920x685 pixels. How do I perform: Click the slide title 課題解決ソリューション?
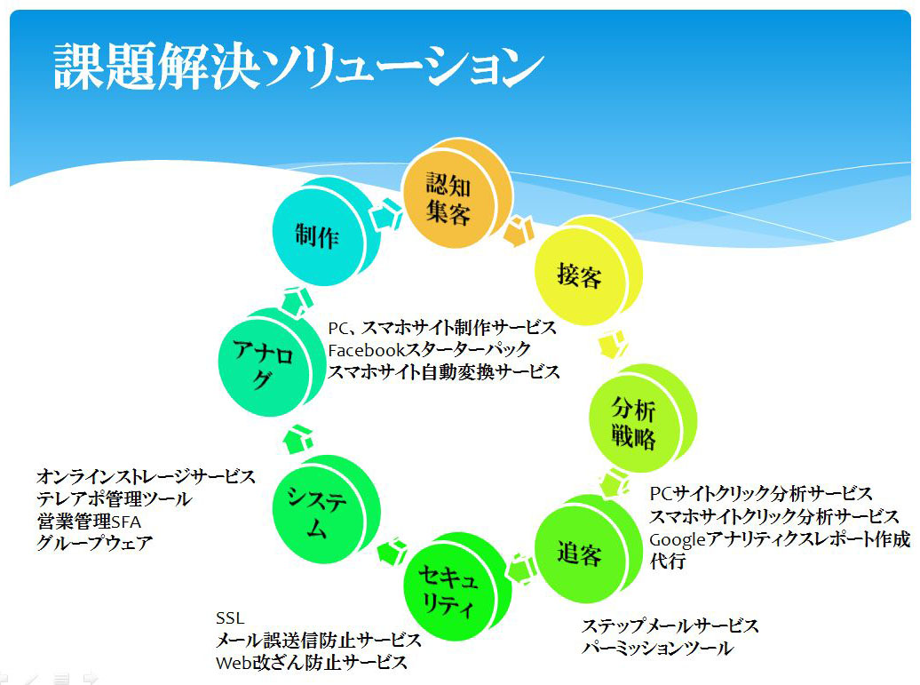click(x=297, y=67)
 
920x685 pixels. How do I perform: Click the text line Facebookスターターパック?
click(x=429, y=349)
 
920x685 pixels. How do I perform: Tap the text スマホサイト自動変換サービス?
click(x=444, y=372)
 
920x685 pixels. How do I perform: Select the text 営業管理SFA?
click(x=89, y=520)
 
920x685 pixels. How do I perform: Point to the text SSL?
click(x=229, y=618)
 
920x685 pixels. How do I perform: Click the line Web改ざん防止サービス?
click(x=312, y=663)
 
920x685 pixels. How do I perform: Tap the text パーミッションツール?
click(x=657, y=649)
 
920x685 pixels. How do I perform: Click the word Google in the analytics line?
click(x=678, y=539)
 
